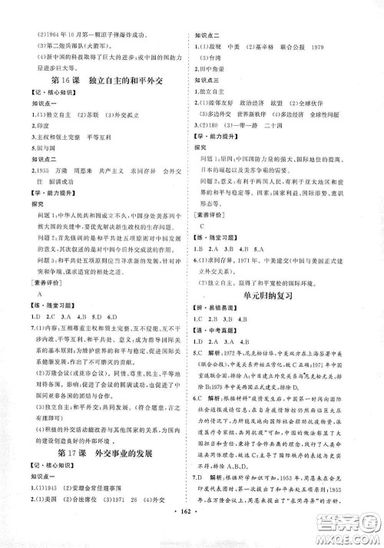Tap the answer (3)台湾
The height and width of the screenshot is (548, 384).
pos(210,56)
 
